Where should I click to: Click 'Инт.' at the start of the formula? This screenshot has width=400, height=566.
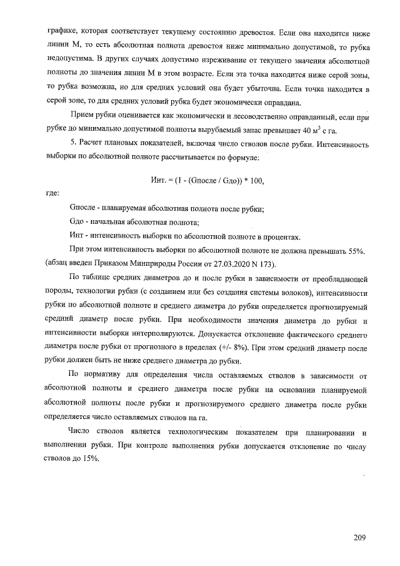coord(159,181)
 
